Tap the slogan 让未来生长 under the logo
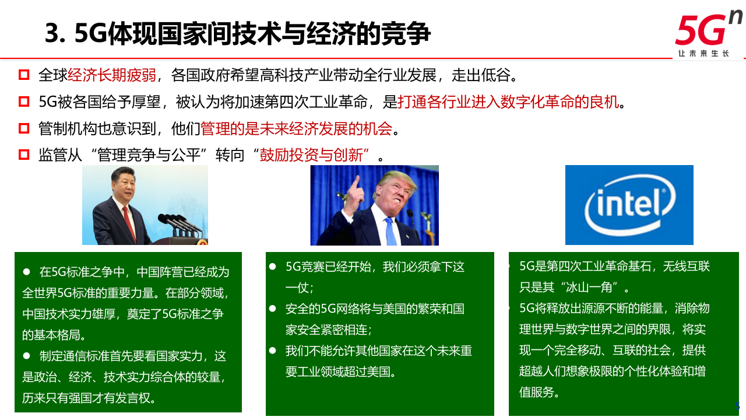(x=703, y=54)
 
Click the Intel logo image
(x=629, y=205)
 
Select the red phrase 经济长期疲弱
(x=112, y=75)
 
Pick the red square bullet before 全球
(x=24, y=75)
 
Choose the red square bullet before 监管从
(x=24, y=155)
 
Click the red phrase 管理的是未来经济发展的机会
(x=296, y=128)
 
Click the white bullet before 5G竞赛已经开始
(x=272, y=267)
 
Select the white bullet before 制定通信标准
(x=26, y=355)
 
